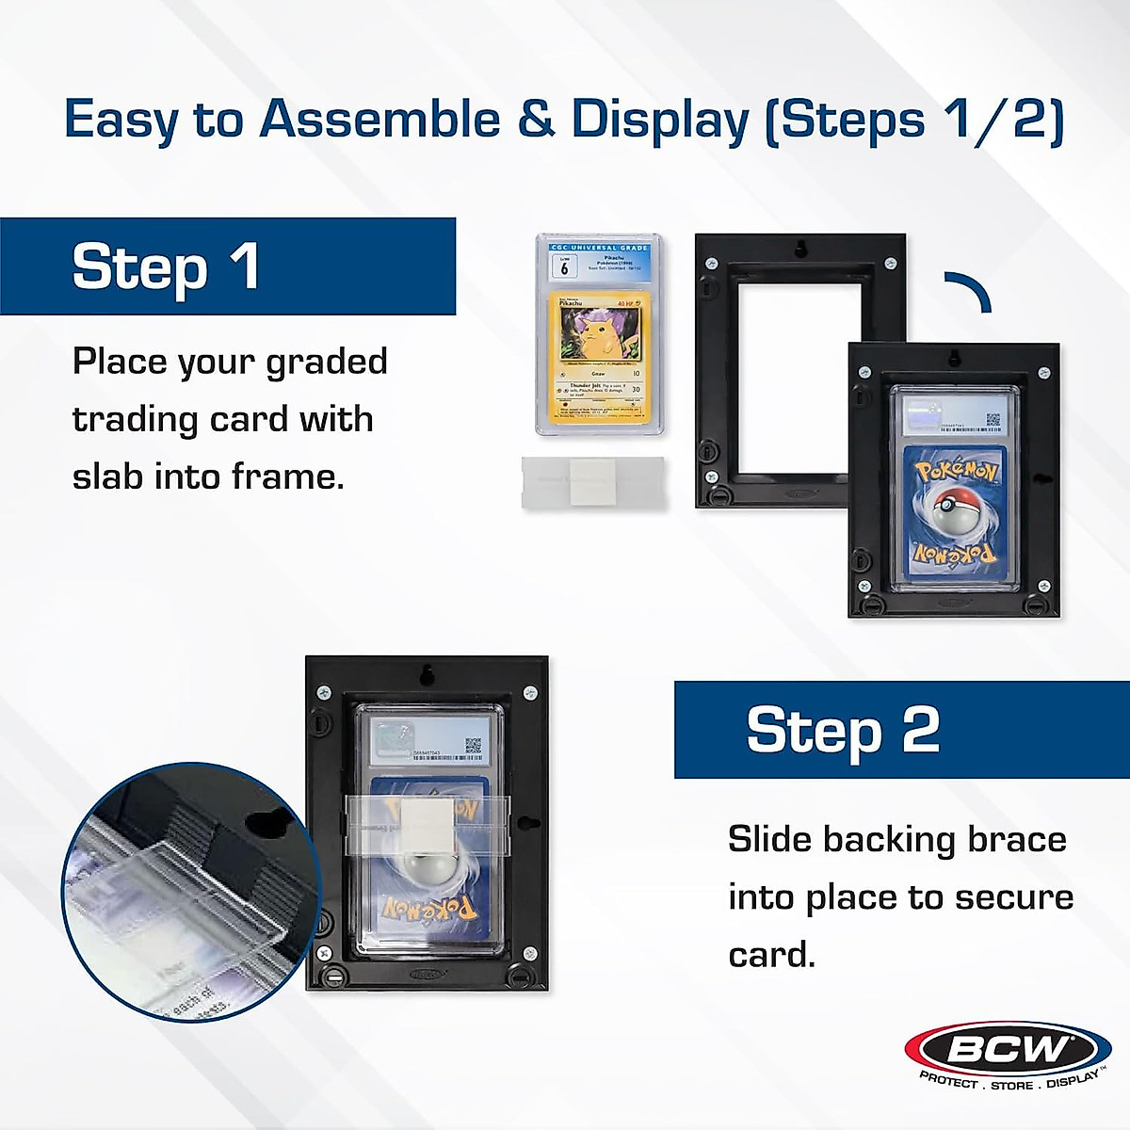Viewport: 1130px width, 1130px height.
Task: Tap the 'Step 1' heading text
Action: [x=166, y=267]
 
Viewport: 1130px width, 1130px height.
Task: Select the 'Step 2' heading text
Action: [x=843, y=731]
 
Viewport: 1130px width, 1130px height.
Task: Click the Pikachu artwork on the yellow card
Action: [x=600, y=333]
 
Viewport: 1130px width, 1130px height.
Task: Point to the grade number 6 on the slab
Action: [x=564, y=268]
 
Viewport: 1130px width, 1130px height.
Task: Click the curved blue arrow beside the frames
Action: [x=969, y=291]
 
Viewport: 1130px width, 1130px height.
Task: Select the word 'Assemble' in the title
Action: [x=379, y=121]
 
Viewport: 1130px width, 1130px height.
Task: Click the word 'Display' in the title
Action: [x=660, y=121]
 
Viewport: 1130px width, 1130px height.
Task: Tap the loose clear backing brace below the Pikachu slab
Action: [x=593, y=482]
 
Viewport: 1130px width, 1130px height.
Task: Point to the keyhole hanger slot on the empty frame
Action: [x=799, y=249]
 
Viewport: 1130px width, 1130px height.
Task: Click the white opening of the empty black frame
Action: [x=799, y=378]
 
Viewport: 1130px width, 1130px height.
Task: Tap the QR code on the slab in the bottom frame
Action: [x=473, y=746]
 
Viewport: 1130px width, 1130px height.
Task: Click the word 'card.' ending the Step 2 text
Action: [x=771, y=955]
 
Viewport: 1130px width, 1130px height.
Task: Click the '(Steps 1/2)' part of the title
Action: [x=914, y=121]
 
